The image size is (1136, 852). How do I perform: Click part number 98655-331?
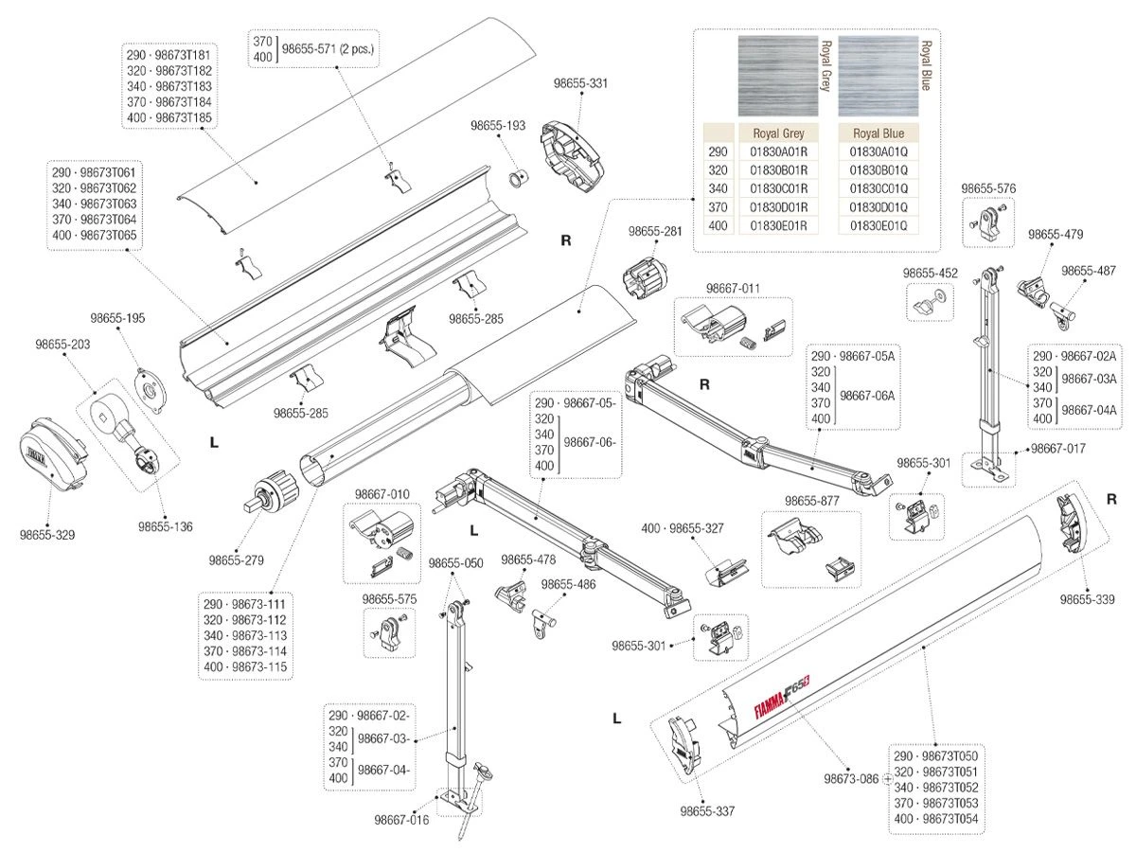tap(580, 83)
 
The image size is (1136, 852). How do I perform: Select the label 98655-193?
tap(498, 126)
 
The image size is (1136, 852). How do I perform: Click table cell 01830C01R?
tap(779, 188)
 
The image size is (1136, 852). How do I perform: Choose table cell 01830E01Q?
tap(879, 225)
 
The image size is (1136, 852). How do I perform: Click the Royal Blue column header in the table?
tap(879, 133)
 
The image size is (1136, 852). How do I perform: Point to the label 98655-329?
tap(47, 535)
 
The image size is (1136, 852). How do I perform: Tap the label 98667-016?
tap(402, 820)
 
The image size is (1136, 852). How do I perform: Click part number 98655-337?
tap(707, 810)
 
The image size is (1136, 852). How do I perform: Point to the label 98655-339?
tap(1088, 599)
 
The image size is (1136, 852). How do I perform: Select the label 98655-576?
tap(988, 189)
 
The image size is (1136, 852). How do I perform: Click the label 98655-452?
tap(931, 274)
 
